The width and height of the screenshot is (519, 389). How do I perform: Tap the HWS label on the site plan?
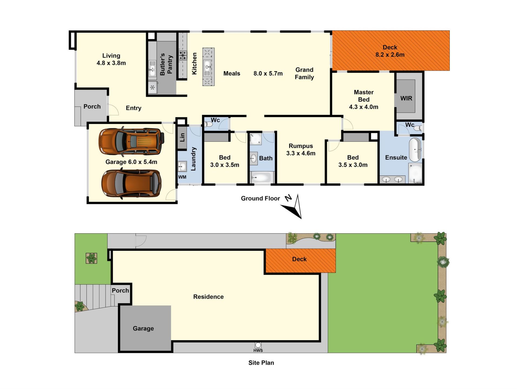coord(258,350)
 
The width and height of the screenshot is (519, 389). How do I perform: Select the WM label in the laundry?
coord(182,177)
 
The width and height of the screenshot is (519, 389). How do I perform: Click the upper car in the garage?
coord(131,141)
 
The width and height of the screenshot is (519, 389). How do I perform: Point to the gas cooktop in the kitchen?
coord(183,56)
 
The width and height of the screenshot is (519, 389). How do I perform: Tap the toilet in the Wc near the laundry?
coord(208,124)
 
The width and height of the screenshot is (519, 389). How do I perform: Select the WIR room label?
coord(406,98)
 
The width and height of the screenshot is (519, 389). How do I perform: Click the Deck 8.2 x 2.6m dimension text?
coord(390,55)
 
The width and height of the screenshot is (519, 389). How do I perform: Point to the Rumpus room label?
coord(301,146)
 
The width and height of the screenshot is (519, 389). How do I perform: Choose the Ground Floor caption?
coord(260,199)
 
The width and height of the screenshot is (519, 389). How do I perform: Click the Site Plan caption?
coord(261,363)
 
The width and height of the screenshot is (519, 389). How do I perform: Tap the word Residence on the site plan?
coord(208,297)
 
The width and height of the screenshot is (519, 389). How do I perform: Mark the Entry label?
coord(134,108)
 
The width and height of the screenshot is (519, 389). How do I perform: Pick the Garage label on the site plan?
coord(143,328)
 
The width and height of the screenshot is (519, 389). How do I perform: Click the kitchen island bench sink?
coord(207,67)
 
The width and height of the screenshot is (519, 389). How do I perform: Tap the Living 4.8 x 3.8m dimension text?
coord(111,63)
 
